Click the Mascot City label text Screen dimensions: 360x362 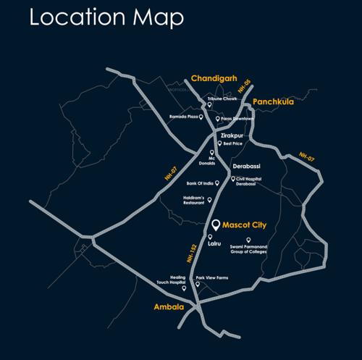[244, 225]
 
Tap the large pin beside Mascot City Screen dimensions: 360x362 [215, 225]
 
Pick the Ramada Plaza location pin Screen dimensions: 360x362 [201, 117]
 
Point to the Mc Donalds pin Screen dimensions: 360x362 [211, 153]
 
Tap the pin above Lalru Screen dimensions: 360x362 [209, 237]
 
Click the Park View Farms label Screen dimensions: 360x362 [211, 277]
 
